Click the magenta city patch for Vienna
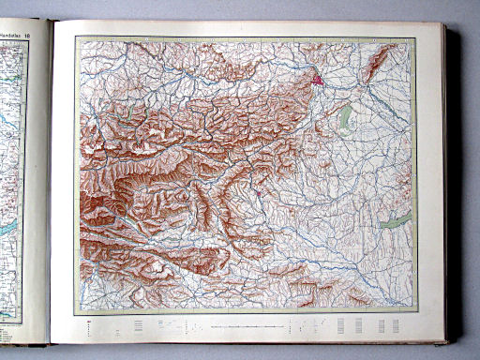coord(321,81)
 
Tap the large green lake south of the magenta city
coord(346,116)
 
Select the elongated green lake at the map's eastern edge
coord(397,221)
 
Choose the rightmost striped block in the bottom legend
coord(395,325)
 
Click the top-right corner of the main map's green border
coord(414,37)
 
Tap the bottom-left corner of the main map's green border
coord(76,314)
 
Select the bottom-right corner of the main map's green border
coord(414,314)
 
